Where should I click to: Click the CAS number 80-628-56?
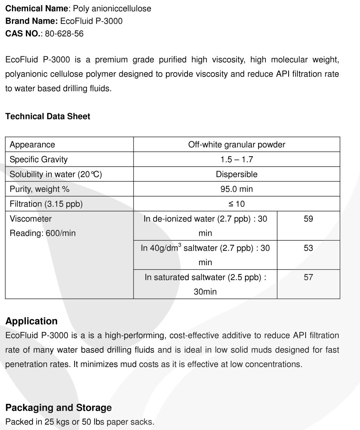64,34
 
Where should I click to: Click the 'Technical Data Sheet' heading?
48,116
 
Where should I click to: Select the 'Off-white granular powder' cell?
237,145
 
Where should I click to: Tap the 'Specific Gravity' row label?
39,159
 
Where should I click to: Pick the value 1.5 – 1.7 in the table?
237,159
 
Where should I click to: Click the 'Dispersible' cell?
237,174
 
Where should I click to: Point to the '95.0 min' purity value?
237,189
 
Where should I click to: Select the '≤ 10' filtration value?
237,204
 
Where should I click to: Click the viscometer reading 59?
308,219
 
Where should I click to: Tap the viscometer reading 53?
308,248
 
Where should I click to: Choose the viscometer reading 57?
308,277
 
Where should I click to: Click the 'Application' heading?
32,321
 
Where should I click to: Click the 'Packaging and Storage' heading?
59,408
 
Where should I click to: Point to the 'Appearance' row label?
32,145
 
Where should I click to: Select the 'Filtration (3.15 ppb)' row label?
46,204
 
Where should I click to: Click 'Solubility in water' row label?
56,174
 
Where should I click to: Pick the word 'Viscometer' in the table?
30,219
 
